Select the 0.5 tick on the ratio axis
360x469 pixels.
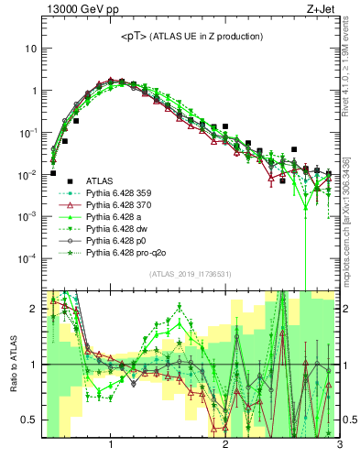[x=30, y=420]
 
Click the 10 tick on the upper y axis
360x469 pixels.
[x=30, y=49]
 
